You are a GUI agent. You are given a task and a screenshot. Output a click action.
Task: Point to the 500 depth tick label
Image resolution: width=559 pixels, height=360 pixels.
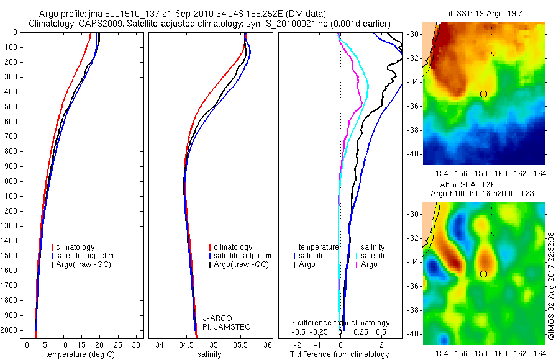[9, 107]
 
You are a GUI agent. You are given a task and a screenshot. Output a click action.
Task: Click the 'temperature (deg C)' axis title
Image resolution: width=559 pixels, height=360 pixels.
[79, 354]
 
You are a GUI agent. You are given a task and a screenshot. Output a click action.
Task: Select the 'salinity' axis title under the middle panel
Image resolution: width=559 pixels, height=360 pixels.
[209, 354]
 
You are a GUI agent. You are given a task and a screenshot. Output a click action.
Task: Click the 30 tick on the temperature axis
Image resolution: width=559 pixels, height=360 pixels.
[136, 344]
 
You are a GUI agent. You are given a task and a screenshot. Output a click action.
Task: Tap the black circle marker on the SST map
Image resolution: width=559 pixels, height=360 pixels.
[483, 94]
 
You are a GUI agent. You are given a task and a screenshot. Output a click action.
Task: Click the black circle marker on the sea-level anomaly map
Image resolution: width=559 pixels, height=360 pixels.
[483, 274]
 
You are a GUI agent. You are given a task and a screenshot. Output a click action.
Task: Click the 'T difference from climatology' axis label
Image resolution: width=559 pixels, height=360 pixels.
[339, 354]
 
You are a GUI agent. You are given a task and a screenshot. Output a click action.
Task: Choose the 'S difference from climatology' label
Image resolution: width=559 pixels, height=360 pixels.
[340, 323]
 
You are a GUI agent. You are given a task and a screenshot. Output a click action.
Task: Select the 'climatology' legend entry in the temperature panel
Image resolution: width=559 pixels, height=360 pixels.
[78, 247]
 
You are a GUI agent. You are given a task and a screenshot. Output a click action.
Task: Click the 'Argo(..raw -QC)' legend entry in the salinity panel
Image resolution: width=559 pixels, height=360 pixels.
[241, 264]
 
